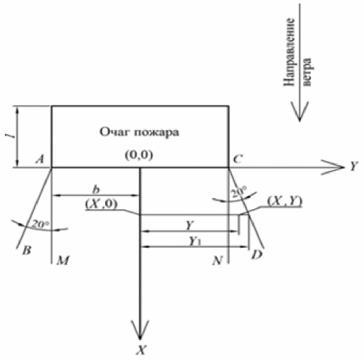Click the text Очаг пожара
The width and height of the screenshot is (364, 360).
click(x=139, y=133)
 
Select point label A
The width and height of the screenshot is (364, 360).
click(x=40, y=159)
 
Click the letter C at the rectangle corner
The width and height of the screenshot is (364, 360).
click(x=238, y=159)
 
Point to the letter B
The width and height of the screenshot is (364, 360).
click(x=27, y=251)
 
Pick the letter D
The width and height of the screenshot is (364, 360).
click(x=257, y=255)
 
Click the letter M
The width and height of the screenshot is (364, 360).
click(x=63, y=260)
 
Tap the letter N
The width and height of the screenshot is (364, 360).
click(x=217, y=260)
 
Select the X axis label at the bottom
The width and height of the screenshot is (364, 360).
click(x=141, y=350)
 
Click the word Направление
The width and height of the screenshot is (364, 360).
click(x=289, y=52)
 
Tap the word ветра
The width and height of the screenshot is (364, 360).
click(x=307, y=72)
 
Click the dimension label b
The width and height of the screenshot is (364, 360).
click(x=96, y=189)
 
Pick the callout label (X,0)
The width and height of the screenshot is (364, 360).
click(x=102, y=204)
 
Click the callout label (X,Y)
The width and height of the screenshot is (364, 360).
click(x=285, y=201)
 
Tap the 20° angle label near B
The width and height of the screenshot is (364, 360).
click(x=40, y=224)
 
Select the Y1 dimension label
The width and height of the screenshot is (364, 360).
click(x=195, y=242)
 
